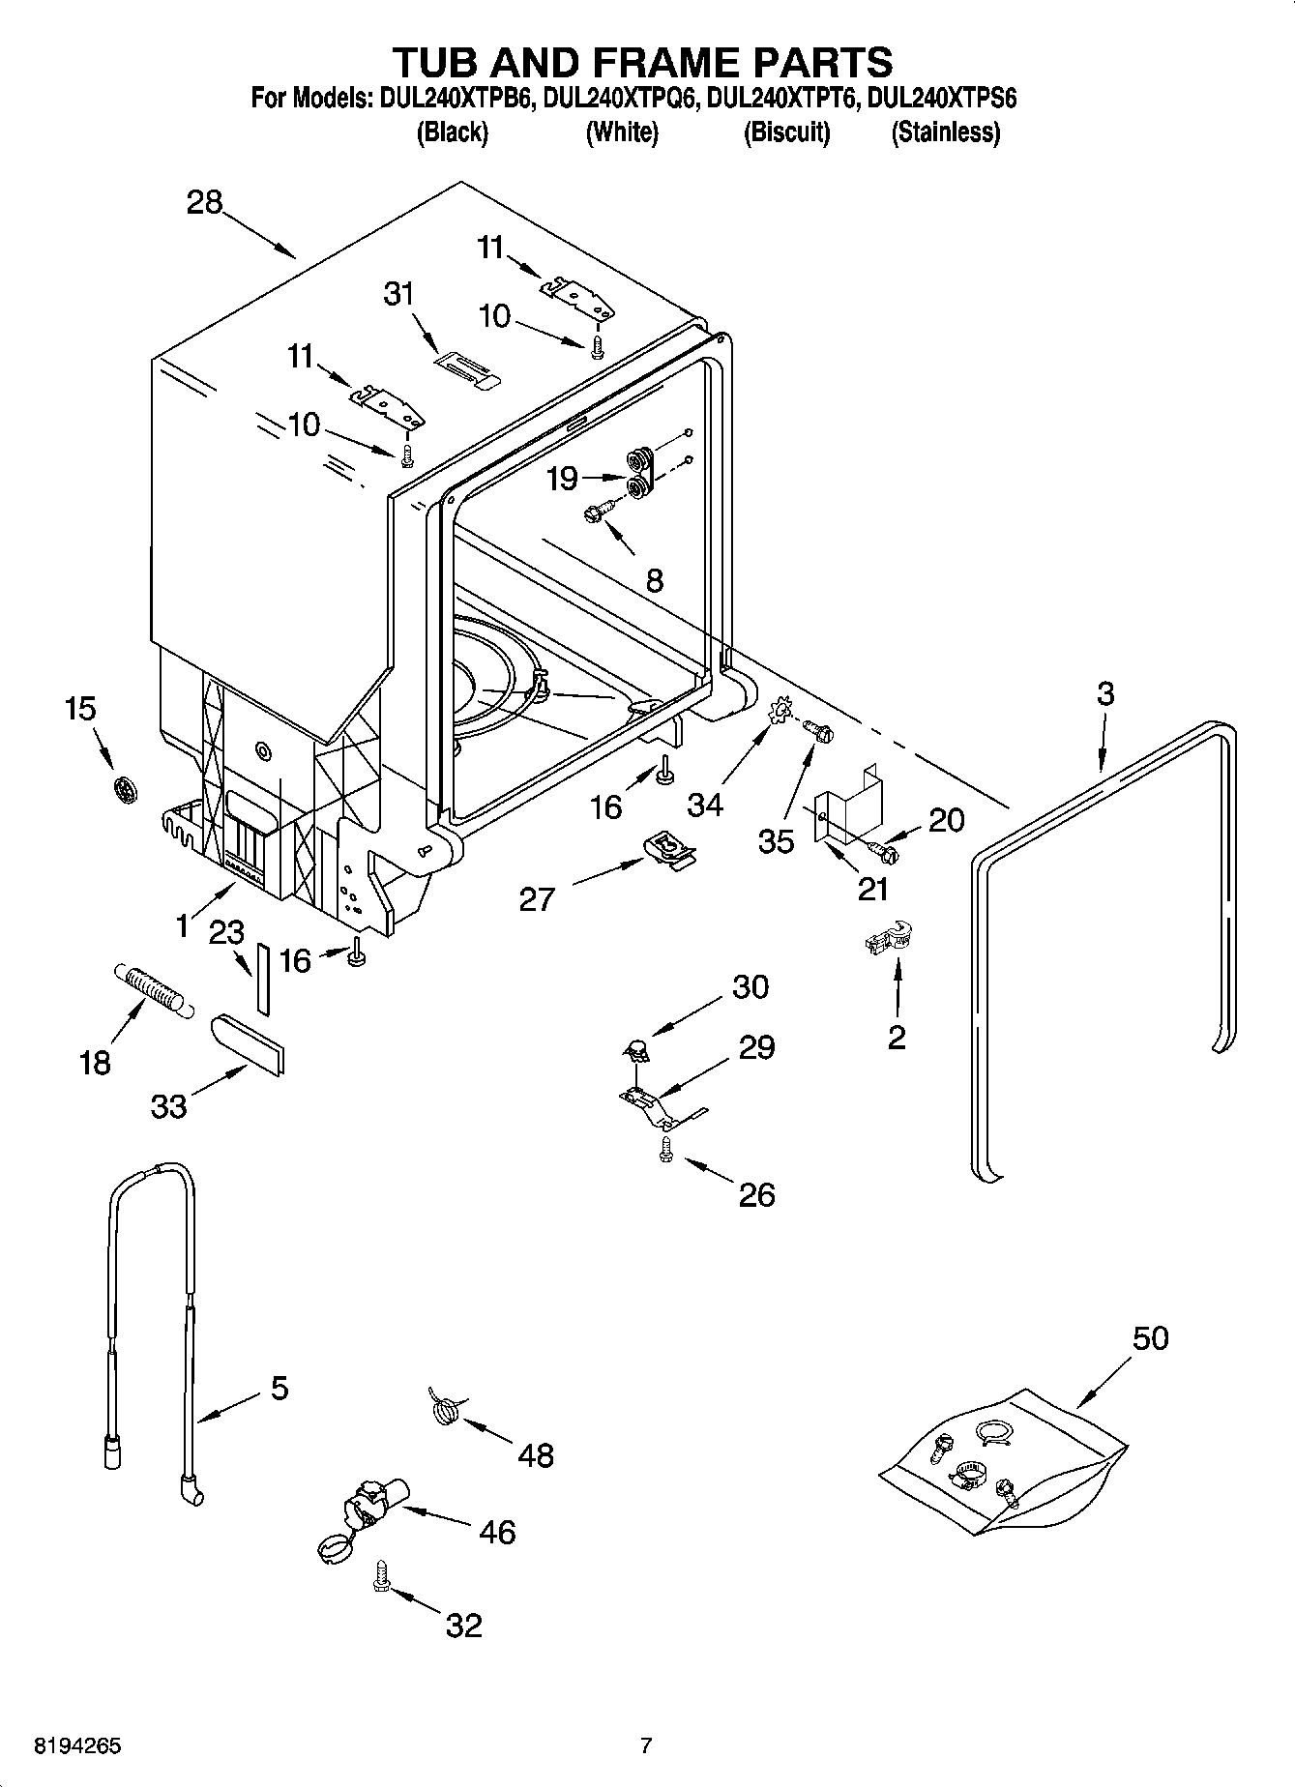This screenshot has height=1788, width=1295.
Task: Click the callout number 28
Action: (x=205, y=203)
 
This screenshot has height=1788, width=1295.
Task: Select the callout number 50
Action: (x=1150, y=1338)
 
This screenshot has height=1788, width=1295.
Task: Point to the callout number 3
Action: (x=1105, y=693)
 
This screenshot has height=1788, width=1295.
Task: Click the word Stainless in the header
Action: (x=945, y=132)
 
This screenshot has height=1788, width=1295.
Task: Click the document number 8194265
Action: (x=78, y=1746)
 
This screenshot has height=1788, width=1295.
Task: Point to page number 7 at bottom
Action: (x=646, y=1746)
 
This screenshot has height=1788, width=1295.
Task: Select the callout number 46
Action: (x=497, y=1532)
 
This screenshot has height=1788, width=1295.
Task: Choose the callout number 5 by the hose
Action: (x=279, y=1390)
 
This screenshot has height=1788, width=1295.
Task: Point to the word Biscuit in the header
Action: (x=785, y=132)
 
